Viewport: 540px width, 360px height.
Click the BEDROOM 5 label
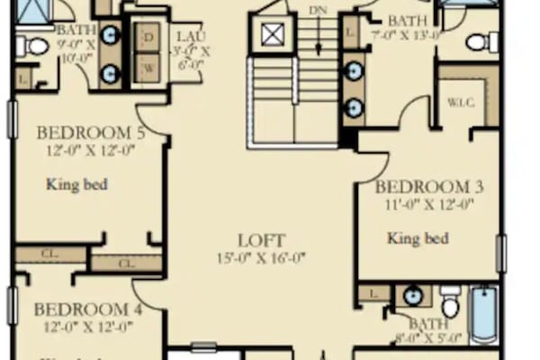[90, 134]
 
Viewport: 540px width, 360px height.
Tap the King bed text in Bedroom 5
[77, 185]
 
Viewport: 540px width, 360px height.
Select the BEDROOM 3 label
[429, 187]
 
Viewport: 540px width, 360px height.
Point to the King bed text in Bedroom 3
[418, 238]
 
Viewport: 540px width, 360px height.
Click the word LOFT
[261, 240]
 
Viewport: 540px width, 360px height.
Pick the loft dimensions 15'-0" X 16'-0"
[261, 257]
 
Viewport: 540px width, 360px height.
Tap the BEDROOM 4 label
[87, 310]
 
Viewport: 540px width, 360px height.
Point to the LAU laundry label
[192, 36]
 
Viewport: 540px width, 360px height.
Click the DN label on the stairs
[318, 10]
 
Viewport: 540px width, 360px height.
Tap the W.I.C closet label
[460, 102]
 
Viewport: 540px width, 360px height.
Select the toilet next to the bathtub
[451, 302]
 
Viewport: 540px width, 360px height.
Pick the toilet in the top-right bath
[481, 40]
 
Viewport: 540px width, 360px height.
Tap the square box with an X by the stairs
[273, 34]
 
